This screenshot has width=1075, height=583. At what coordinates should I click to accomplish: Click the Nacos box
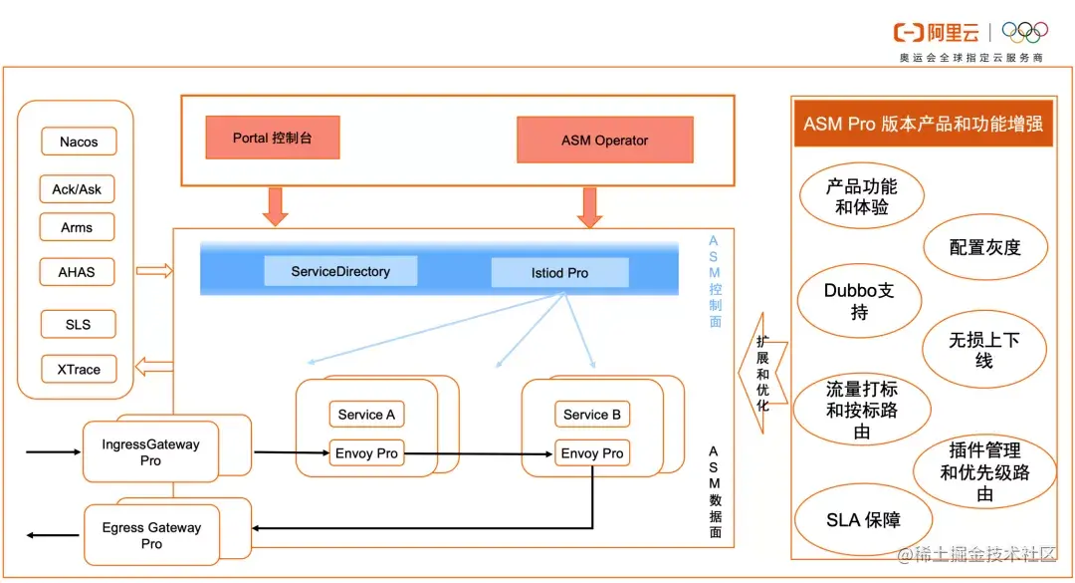(79, 142)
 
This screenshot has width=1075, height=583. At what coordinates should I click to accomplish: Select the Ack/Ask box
(77, 188)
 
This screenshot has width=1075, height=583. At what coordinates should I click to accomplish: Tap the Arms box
(77, 227)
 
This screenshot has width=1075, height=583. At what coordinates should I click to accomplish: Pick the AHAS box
(77, 271)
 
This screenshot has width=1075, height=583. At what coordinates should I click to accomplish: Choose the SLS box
(78, 324)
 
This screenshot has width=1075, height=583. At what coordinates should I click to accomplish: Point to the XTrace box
(78, 369)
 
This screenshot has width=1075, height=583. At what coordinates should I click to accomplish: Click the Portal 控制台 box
(272, 138)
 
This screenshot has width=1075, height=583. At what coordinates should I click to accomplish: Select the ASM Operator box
(604, 141)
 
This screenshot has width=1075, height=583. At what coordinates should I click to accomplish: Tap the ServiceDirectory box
(340, 271)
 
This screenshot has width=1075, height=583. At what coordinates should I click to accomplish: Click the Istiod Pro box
(559, 273)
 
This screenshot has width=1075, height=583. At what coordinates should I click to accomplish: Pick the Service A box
(366, 415)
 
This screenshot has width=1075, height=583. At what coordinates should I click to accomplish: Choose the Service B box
(592, 415)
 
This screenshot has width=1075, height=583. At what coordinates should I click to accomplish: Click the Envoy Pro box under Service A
(366, 453)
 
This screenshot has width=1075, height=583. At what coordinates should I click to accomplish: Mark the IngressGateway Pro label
(150, 452)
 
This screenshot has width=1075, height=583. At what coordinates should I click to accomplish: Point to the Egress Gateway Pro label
(151, 535)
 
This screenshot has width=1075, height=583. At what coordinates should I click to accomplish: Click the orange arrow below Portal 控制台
(275, 206)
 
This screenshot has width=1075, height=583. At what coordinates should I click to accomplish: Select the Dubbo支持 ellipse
(859, 301)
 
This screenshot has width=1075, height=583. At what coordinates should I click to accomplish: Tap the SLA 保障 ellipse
(863, 520)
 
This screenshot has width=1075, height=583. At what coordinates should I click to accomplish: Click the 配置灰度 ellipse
(984, 247)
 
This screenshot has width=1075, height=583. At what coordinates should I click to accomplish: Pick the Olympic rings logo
(1025, 32)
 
